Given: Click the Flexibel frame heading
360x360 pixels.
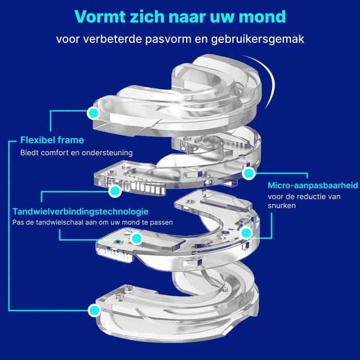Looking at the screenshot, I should [52, 140].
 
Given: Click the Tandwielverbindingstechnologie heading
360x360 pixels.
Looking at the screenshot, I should [80, 211].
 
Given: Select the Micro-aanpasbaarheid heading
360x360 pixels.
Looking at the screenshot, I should [313, 185].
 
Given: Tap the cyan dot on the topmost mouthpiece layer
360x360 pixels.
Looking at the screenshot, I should [93, 112].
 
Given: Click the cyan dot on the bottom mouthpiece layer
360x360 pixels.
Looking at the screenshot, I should [94, 310].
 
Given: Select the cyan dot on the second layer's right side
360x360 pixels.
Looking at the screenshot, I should [249, 173].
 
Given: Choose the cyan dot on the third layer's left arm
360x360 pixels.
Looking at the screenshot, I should [136, 238].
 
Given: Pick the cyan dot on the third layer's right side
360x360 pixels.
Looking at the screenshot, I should [246, 233].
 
